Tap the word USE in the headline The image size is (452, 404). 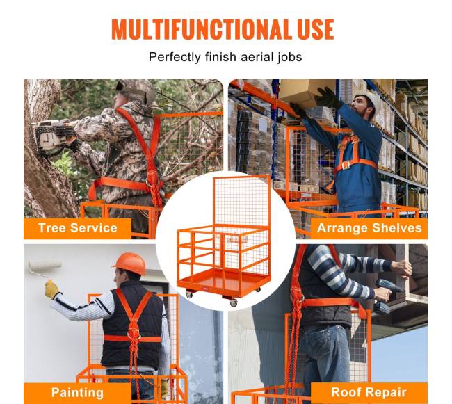point(316,29)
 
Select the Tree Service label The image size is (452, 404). point(78,228)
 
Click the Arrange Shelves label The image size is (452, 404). point(369,228)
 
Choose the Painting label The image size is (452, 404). point(77,392)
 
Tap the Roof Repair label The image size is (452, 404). point(369,392)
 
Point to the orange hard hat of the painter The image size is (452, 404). point(129,263)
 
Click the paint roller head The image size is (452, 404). point(45,266)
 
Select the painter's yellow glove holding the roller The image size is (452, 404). point(52,289)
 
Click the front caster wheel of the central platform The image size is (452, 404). point(234,302)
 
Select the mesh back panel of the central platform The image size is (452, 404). point(241,201)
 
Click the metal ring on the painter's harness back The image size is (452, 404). point(134,335)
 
